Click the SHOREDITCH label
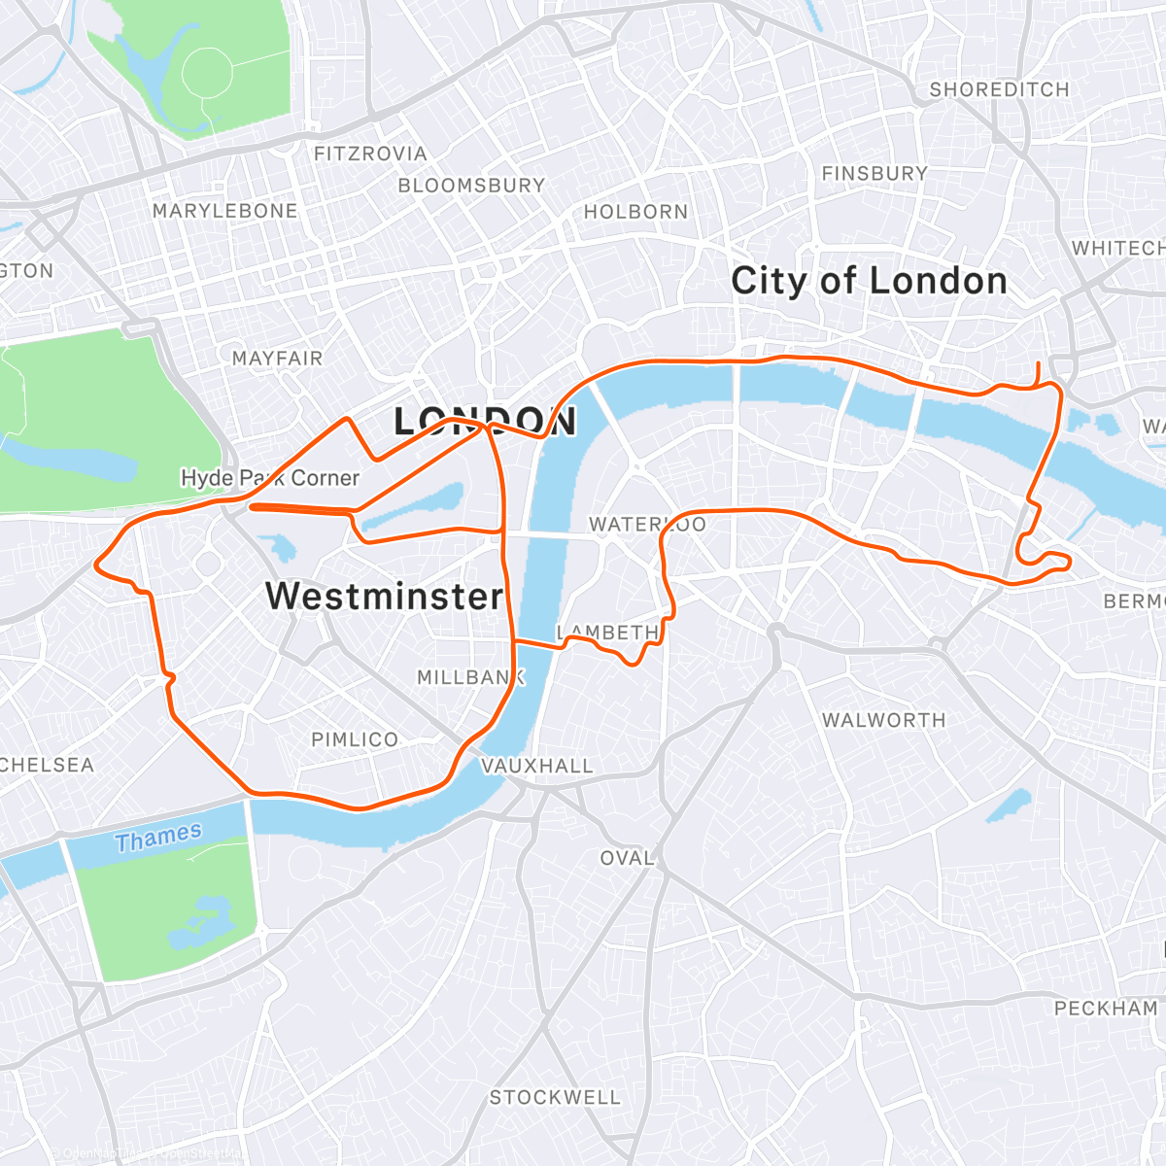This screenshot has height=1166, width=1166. [x=999, y=89]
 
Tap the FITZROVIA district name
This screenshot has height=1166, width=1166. [x=370, y=154]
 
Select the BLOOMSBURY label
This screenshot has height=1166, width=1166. [x=471, y=185]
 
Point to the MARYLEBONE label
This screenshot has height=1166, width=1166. [x=224, y=211]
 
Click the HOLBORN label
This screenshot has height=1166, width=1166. [x=635, y=212]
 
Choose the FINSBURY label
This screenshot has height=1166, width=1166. [x=874, y=174]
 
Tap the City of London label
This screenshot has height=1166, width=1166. [x=869, y=281]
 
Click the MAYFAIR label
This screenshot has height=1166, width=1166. [x=277, y=359]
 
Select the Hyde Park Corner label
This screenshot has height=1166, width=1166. [x=270, y=478]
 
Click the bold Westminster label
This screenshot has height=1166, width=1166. [x=385, y=596]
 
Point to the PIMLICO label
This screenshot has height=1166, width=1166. [x=355, y=739]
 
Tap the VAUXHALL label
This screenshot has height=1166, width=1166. [x=537, y=766]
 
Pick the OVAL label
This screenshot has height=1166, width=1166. [x=627, y=858]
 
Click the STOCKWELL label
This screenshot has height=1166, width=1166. [x=555, y=1097]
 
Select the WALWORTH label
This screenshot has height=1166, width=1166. [x=883, y=720]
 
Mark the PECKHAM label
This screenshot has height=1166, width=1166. [x=1106, y=1009]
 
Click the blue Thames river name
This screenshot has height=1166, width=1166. [x=158, y=837]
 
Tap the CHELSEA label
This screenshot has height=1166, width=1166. [x=46, y=766]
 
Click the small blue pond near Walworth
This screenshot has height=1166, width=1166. [x=1008, y=806]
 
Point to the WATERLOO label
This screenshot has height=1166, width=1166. [x=647, y=525]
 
